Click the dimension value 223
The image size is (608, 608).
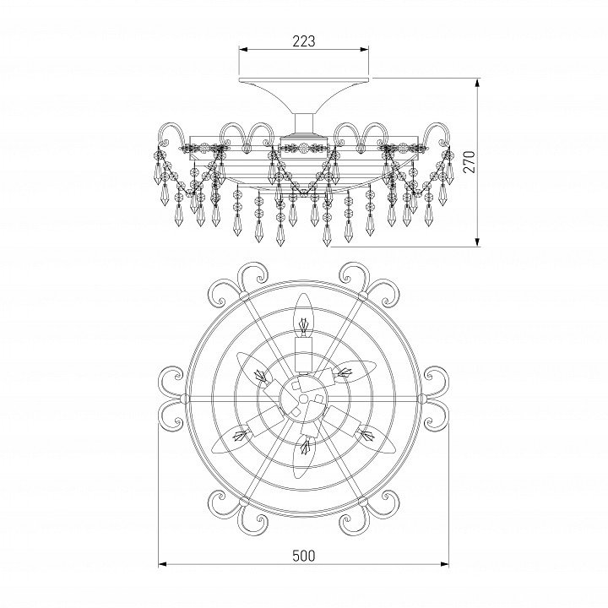click(304, 41)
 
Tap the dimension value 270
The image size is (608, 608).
click(470, 161)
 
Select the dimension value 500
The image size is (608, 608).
click(304, 556)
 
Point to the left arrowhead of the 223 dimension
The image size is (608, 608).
click(243, 49)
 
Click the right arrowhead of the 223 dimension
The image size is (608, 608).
click(364, 49)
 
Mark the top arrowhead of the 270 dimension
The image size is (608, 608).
click(478, 82)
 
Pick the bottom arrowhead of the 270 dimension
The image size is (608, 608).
click(478, 242)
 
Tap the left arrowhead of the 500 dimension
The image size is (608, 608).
click(163, 564)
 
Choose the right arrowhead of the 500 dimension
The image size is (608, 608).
click(444, 564)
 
